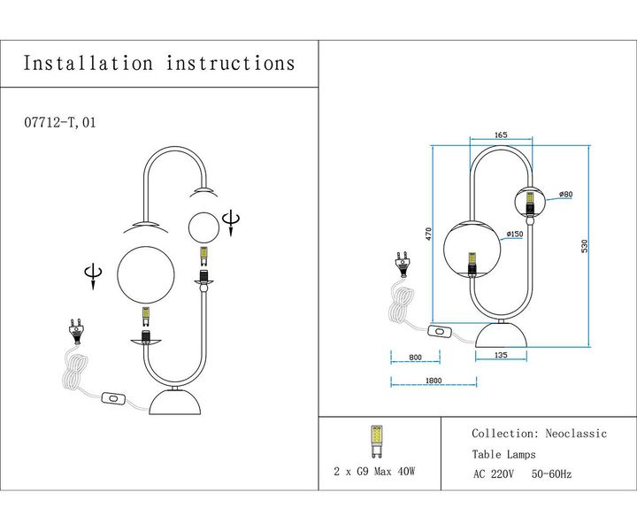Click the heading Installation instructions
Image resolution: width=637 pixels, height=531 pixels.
click(159, 64)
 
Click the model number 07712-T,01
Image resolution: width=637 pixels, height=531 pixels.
click(60, 123)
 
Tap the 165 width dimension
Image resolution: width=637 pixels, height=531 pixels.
click(501, 135)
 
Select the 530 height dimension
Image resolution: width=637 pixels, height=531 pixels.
click(584, 245)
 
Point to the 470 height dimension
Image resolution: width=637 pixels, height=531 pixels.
click(429, 234)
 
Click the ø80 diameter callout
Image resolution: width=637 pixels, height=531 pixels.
click(566, 194)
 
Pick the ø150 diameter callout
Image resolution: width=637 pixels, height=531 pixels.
click(514, 235)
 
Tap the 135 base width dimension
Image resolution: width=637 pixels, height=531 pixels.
click(502, 356)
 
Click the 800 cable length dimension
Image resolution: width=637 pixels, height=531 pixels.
click(416, 357)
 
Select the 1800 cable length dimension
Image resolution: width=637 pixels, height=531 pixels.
click(432, 381)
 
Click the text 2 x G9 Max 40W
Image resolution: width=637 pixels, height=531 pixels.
click(375, 471)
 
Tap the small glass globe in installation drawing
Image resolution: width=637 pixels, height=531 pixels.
click(203, 227)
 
